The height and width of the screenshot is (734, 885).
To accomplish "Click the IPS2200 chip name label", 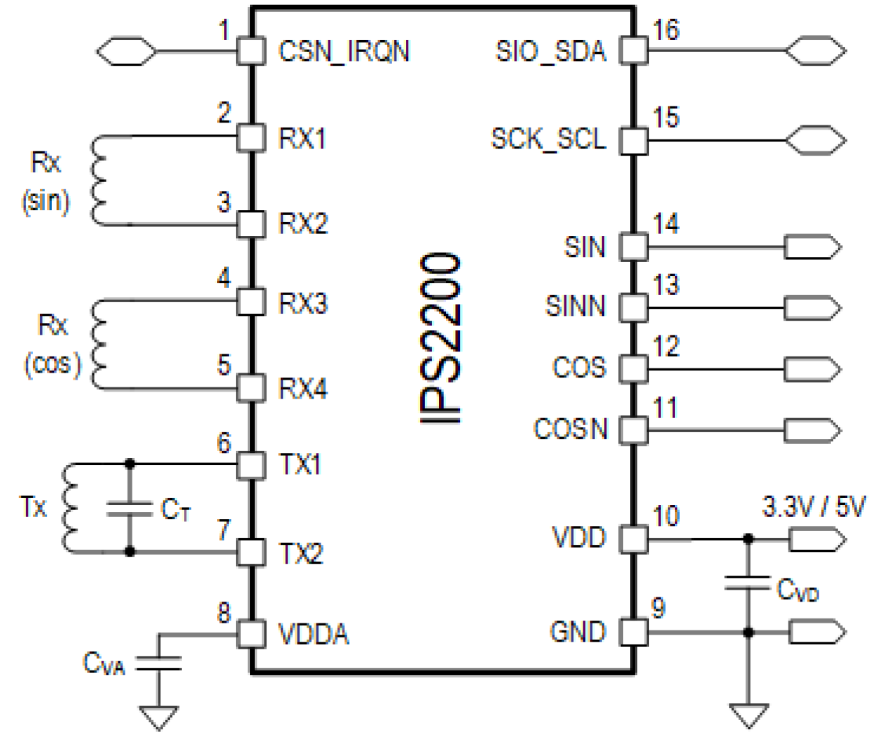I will [x=441, y=338].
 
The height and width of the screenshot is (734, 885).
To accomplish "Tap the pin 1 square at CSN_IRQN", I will [x=250, y=51].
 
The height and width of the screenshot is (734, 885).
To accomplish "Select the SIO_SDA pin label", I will [x=550, y=51].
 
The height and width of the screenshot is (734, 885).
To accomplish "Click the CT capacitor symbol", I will [x=130, y=509].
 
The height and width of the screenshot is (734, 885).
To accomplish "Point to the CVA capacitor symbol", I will [x=159, y=663].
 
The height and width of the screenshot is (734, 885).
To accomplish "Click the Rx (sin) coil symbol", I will [x=97, y=181].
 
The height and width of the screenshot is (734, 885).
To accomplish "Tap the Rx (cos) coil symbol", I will [x=97, y=344].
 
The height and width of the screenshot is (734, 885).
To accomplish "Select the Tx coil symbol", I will [x=70, y=508].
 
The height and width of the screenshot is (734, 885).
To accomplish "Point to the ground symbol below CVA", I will [x=159, y=717].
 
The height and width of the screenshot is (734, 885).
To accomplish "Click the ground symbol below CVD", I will [x=748, y=715].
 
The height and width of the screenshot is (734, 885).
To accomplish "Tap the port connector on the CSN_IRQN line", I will [x=126, y=51].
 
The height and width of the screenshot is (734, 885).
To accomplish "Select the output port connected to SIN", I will [x=812, y=247].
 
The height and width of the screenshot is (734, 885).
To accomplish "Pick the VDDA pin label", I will [x=314, y=634].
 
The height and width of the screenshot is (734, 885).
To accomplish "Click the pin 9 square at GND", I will [x=633, y=632].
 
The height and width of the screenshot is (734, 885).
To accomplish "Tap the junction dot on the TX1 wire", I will [x=130, y=464].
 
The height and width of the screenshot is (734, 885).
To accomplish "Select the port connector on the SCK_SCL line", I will [x=816, y=140].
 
